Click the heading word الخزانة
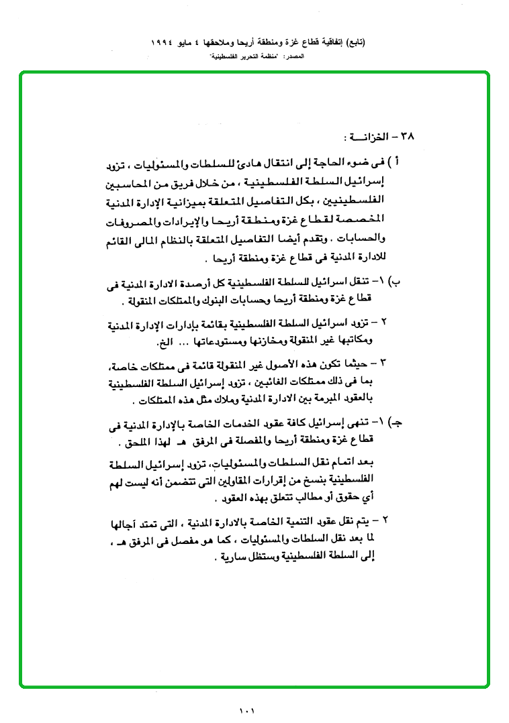(369, 137)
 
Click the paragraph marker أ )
(398, 163)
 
